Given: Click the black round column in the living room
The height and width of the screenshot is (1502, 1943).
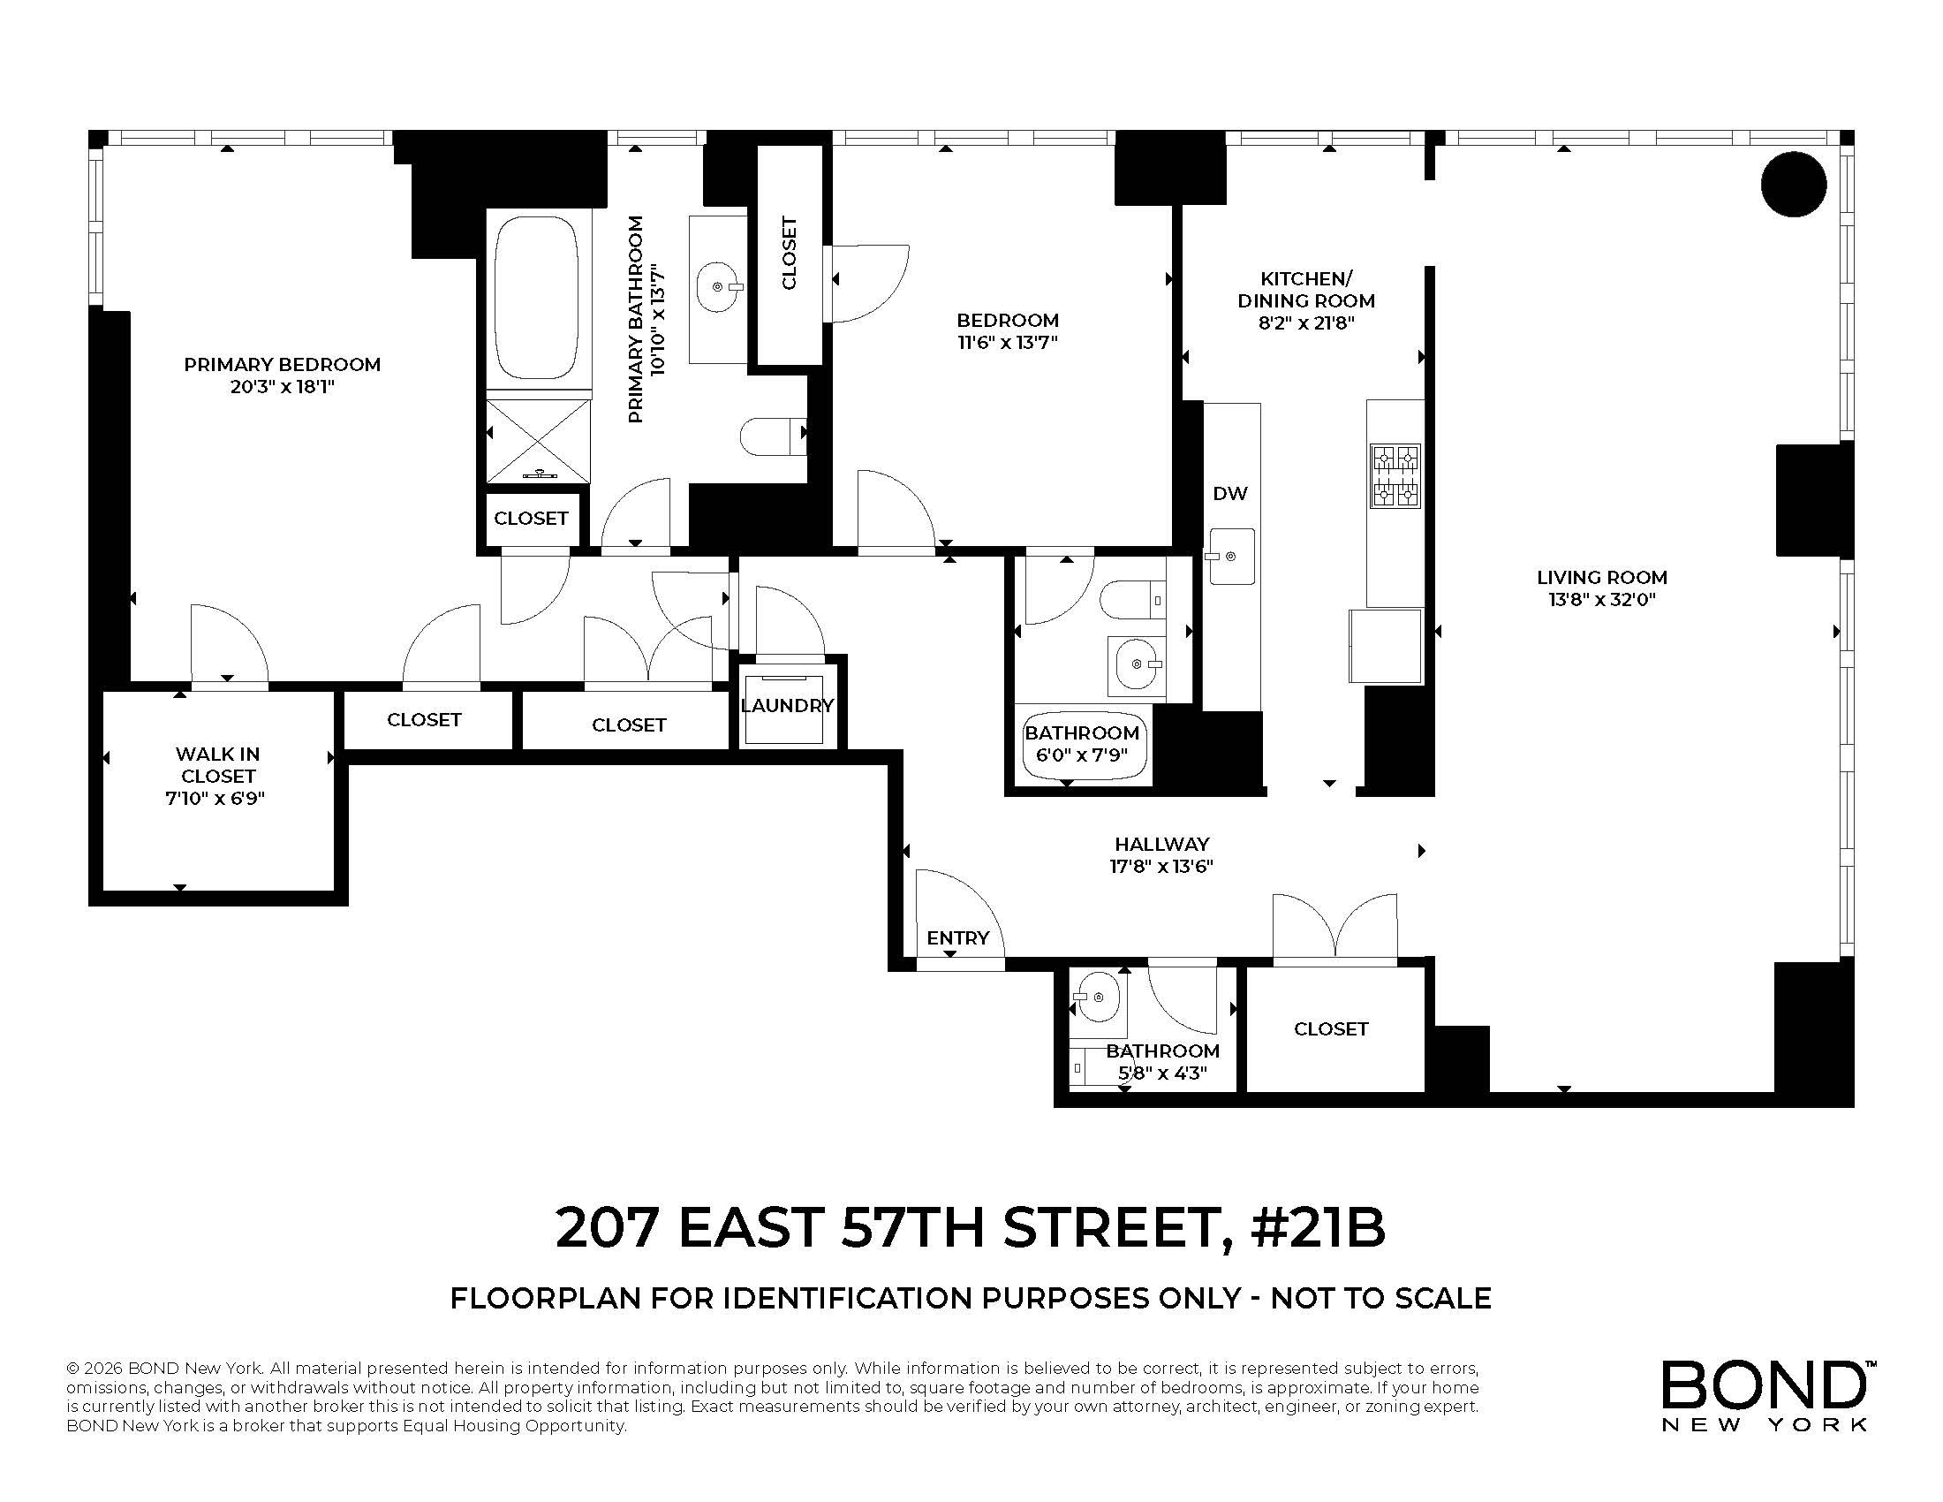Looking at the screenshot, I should tap(1794, 184).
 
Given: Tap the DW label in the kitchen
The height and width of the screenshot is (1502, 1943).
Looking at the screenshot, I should tap(1229, 493).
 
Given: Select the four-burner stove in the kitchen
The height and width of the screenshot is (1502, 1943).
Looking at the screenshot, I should tap(1394, 476).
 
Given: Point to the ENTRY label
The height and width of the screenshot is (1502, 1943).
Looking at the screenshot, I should tap(957, 937).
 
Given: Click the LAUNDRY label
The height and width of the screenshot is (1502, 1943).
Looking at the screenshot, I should tap(787, 706).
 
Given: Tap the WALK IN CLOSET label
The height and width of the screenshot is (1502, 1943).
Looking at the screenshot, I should tap(217, 765).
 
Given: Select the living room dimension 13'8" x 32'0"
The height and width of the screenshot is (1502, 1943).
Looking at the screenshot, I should tap(1601, 600).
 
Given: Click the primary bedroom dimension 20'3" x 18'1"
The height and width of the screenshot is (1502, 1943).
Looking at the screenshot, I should tap(282, 387).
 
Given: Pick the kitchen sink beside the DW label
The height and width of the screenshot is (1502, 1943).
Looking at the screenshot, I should tap(1232, 556).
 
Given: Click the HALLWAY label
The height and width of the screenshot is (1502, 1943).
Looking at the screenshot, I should tap(1162, 844).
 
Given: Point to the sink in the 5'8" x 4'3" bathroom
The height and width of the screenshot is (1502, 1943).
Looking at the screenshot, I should tap(1098, 996).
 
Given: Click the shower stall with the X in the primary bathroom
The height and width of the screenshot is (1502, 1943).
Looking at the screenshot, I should tap(538, 441).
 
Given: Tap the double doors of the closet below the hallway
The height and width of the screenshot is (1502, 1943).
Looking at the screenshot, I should tap(1334, 929).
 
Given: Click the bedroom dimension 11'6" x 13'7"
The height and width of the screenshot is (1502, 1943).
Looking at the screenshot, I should tap(1007, 343).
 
